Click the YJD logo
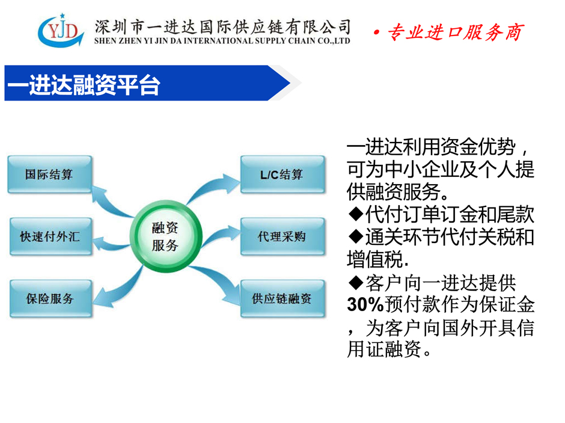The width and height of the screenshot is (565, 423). click(x=61, y=30)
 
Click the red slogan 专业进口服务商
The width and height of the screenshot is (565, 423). click(x=455, y=32)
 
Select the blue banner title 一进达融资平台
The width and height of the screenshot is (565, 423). click(x=83, y=85)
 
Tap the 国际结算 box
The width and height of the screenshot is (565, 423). click(x=50, y=174)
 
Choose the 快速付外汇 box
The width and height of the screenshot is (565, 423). click(x=50, y=236)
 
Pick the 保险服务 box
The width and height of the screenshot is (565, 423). click(x=50, y=298)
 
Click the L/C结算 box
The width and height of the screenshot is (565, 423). click(x=282, y=174)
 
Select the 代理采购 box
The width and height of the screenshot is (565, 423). click(x=282, y=236)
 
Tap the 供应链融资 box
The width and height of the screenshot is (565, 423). click(x=282, y=298)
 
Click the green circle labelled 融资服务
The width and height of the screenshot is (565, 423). click(x=166, y=236)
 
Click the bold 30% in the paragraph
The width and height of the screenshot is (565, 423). click(x=365, y=304)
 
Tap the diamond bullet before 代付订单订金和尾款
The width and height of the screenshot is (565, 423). click(x=356, y=214)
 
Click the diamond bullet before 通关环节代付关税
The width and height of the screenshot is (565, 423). click(x=356, y=236)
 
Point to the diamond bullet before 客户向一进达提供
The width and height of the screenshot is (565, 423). click(x=356, y=282)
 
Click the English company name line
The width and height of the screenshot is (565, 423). click(x=222, y=41)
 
